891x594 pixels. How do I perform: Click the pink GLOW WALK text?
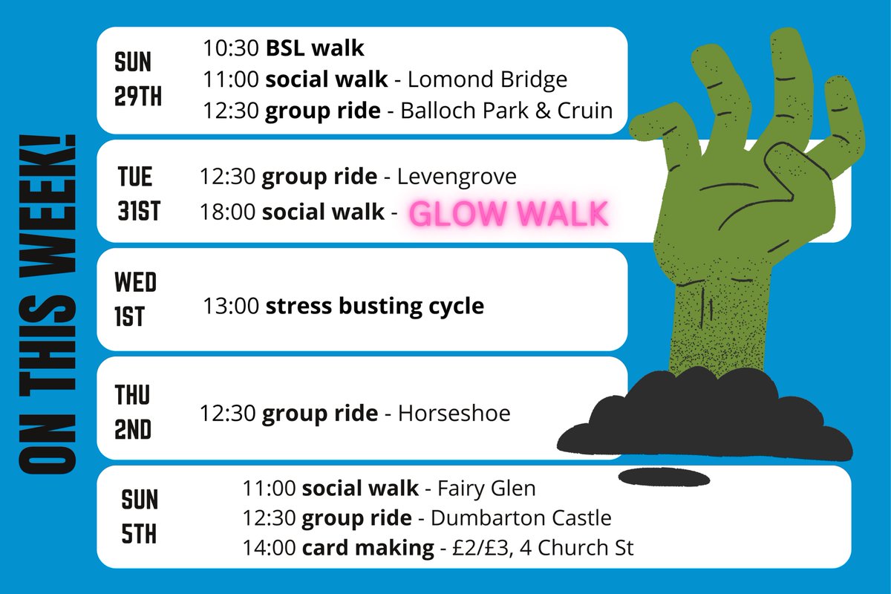coord(509,215)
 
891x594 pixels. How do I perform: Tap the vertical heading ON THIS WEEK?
coord(46,304)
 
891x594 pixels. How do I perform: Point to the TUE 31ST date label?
coord(138,194)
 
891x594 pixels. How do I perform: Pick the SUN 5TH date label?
coord(140,516)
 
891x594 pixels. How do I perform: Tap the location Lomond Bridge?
coord(488,79)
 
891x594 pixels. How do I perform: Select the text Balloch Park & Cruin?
coord(506,111)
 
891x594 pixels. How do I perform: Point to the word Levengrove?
coord(457,177)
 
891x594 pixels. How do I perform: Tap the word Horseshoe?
coord(454,413)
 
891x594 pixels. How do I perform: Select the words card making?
coord(368,549)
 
